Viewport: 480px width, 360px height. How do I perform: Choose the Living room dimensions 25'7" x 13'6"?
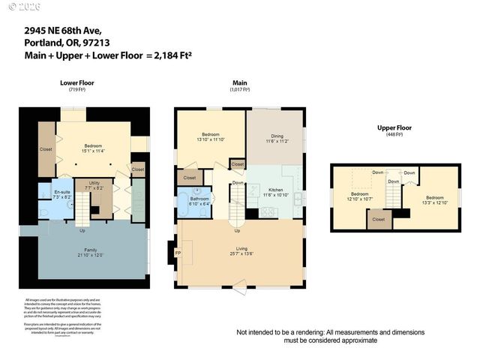(x=241, y=254)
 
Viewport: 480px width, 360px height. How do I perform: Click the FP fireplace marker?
(x=178, y=253)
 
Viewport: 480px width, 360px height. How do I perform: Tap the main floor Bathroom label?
(x=199, y=199)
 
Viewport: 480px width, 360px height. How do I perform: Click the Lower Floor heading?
(x=76, y=82)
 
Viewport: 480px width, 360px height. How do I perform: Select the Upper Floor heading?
(x=394, y=127)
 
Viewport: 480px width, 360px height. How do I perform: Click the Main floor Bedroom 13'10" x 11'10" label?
(x=210, y=136)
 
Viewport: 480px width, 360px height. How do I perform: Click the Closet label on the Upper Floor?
(x=379, y=220)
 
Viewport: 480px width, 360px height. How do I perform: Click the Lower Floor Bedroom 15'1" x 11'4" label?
(x=93, y=148)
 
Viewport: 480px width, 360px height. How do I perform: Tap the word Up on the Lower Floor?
(x=82, y=230)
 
